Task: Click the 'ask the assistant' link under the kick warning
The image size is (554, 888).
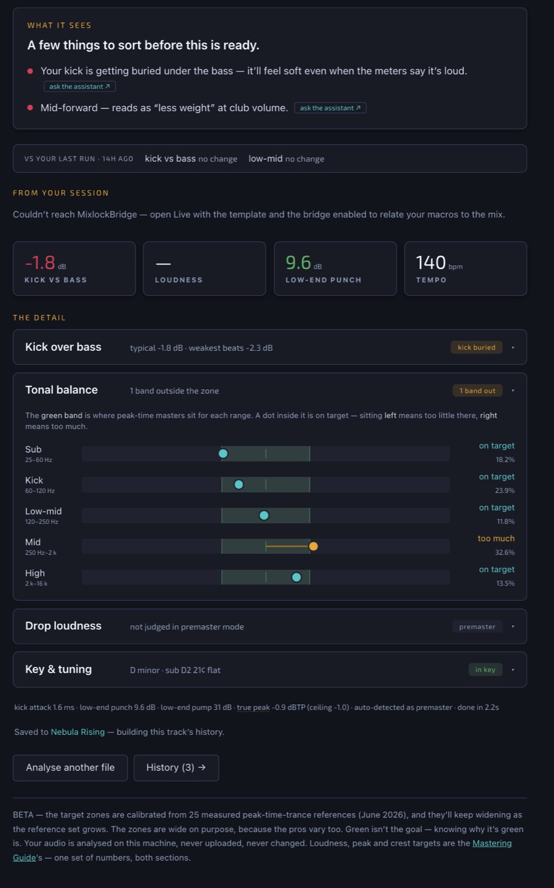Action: tap(80, 87)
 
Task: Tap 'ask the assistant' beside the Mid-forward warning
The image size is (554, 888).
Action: tap(330, 108)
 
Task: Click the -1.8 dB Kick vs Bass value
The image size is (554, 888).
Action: tap(45, 263)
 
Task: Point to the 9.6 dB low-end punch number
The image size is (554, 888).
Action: tap(303, 263)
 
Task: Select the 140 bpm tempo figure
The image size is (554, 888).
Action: tap(439, 263)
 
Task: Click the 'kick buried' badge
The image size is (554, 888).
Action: tap(476, 347)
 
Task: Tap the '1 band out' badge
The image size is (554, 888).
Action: tap(477, 391)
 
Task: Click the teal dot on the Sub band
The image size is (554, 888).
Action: tap(223, 453)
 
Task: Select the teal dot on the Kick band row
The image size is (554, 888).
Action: tap(238, 485)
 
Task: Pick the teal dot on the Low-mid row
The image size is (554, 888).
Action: tap(264, 516)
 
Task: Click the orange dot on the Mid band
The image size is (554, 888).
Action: tap(313, 546)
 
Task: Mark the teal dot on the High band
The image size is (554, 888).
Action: tap(296, 577)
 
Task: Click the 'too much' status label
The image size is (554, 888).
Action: tap(496, 538)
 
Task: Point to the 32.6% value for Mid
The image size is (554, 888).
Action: tap(505, 552)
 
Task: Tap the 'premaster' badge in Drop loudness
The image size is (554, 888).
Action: tap(477, 627)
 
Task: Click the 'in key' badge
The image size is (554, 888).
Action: tap(485, 669)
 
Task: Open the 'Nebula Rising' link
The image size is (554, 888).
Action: tap(78, 732)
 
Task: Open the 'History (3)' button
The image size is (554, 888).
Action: tap(176, 768)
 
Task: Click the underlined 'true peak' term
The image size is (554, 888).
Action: tap(253, 707)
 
